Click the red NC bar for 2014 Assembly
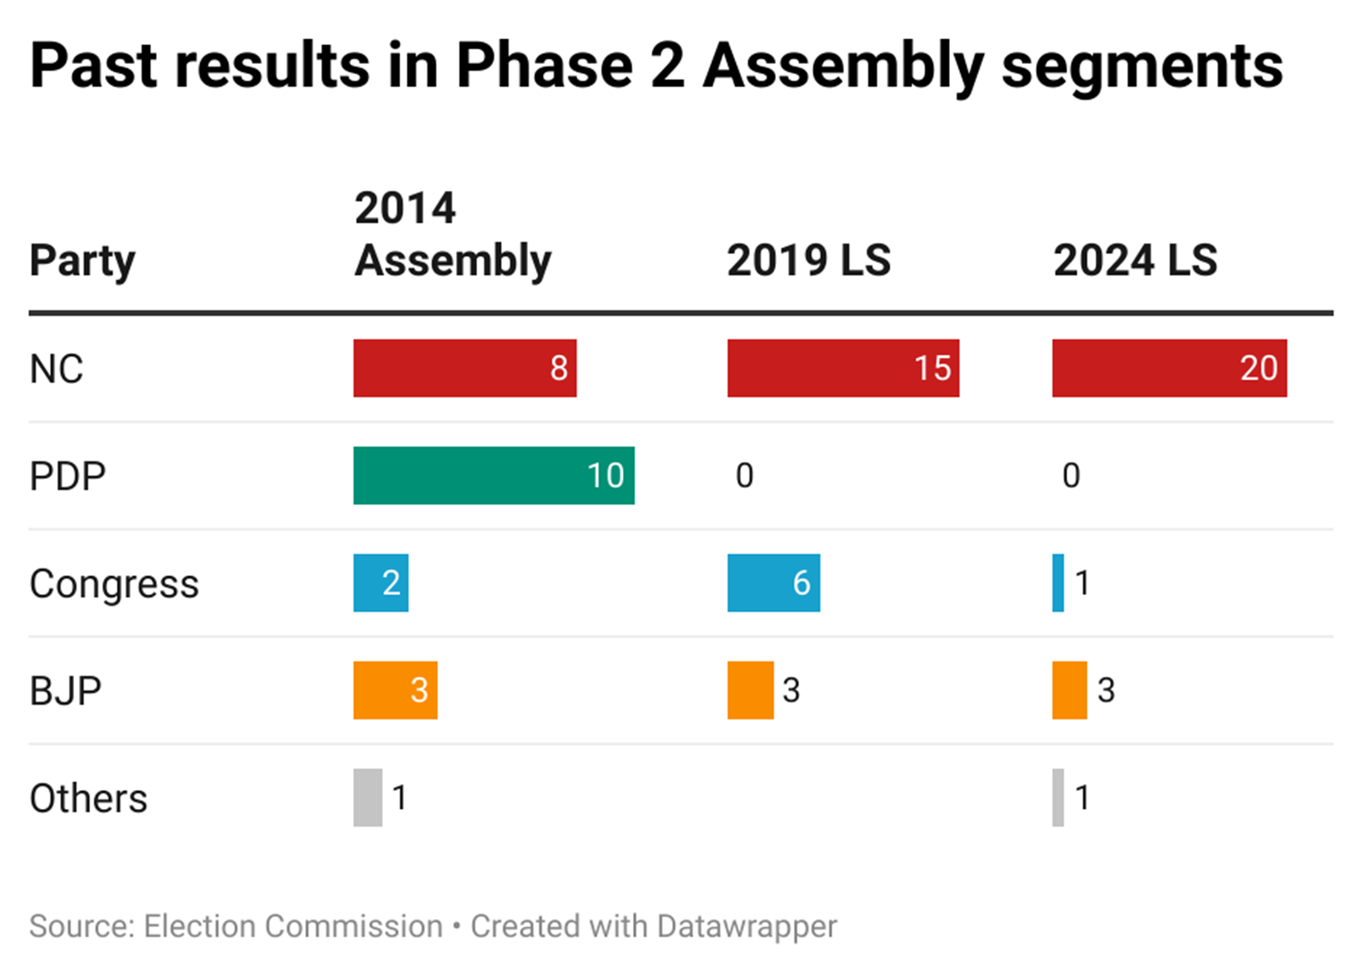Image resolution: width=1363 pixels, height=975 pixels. pos(464,368)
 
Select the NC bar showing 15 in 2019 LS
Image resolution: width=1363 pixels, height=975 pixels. pos(843,368)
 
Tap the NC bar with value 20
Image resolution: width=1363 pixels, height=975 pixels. pos(1169,368)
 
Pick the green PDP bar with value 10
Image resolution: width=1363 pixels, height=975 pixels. pos(493,476)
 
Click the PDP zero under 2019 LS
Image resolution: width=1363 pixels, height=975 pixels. pos(745,476)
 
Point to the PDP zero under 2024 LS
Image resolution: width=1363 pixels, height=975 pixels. pos(1071,476)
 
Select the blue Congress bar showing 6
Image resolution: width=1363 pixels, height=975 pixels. pos(774,583)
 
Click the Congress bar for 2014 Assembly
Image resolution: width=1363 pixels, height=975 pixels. pos(381,583)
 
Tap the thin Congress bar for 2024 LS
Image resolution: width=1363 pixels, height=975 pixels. pos(1058,583)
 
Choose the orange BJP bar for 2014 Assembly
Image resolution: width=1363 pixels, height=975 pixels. pos(395,690)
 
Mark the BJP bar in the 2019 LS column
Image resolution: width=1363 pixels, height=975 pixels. pos(751,690)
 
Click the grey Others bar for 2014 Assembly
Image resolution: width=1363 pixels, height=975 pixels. pos(368,798)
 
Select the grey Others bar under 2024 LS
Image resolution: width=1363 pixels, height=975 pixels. pos(1058,798)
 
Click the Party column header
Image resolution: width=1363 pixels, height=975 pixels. pos(83,261)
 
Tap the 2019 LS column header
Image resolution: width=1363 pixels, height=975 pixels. pos(808,261)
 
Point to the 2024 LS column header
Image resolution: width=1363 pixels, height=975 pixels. pos(1135,261)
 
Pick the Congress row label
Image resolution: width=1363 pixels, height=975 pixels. pos(114,585)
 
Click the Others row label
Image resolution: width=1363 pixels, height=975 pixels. pos(89,799)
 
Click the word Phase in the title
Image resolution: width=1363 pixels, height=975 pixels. pos(544,66)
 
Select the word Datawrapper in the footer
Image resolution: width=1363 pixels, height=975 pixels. pos(747,926)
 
